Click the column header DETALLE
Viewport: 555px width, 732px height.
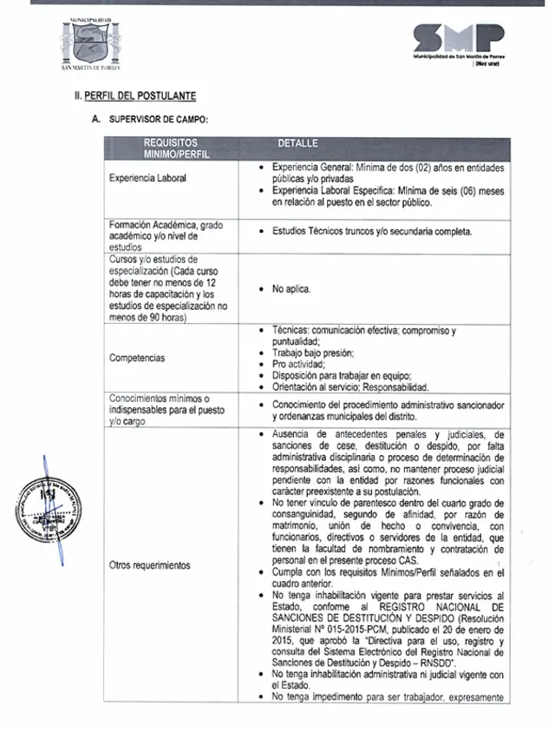[297, 143]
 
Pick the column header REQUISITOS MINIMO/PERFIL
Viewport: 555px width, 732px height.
[172, 148]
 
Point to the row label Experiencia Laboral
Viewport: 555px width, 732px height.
[147, 178]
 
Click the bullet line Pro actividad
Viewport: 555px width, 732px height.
[299, 365]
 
